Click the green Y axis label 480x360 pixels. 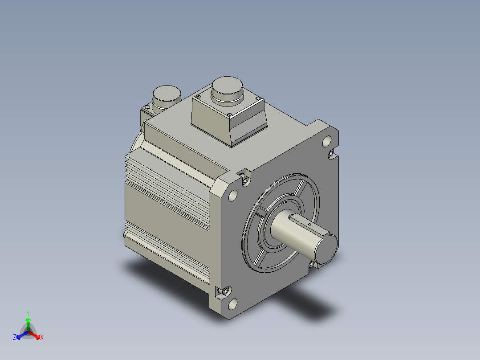coord(28,313)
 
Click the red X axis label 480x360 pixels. coord(42,337)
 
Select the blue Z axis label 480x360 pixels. coord(15,337)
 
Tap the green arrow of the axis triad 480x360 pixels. coord(28,324)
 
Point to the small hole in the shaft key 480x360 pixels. coord(309,224)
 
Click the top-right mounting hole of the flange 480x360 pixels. coord(327,141)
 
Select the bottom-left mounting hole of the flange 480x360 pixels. coord(233,304)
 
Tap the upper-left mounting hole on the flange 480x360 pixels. coord(233,195)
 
